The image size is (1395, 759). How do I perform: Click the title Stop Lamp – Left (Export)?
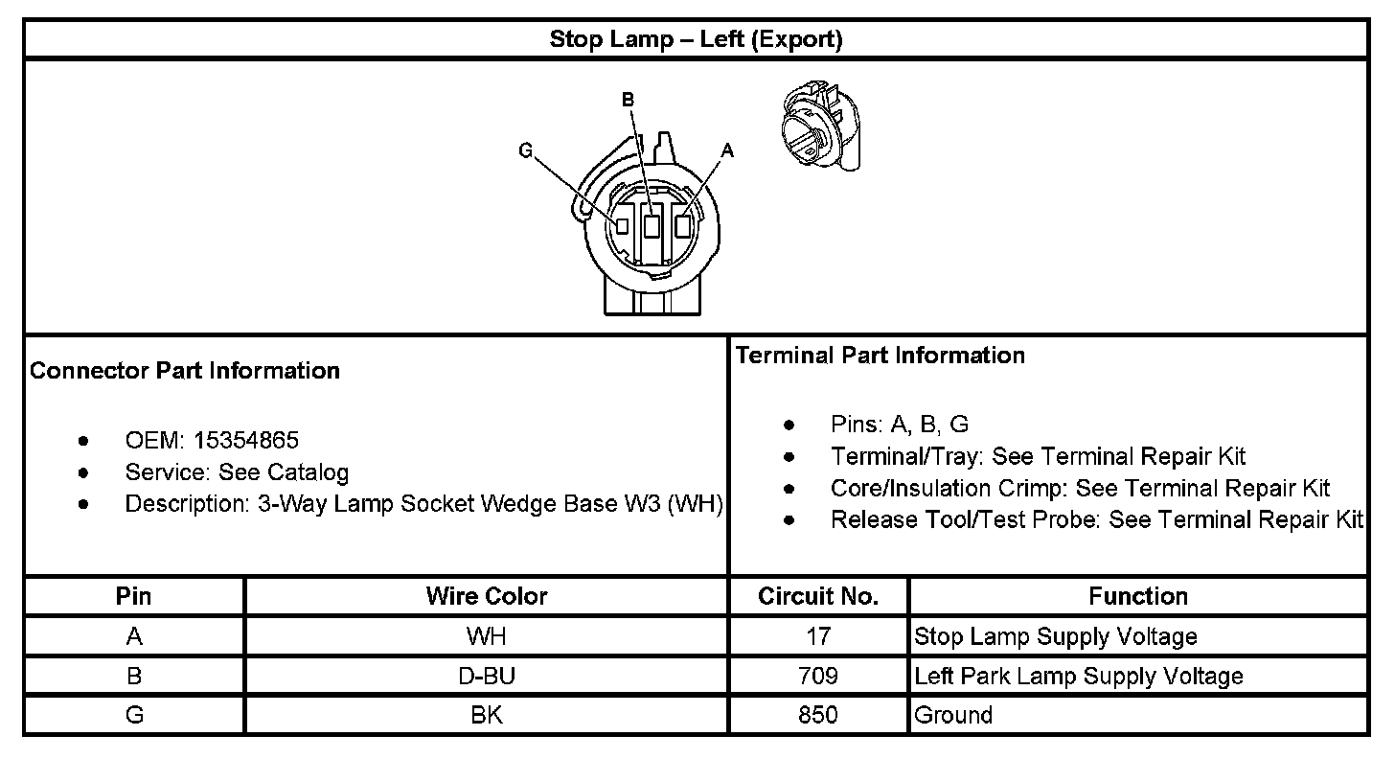[x=696, y=39]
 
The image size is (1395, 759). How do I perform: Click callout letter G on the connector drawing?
[x=525, y=151]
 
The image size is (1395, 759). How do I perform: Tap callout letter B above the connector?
[x=628, y=100]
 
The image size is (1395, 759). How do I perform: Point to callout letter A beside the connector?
[x=727, y=150]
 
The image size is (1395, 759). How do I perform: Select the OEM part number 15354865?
[x=246, y=440]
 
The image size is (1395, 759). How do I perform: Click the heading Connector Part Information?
[x=185, y=371]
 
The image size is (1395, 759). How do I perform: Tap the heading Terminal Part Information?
[x=880, y=356]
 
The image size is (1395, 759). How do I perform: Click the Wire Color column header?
[x=487, y=596]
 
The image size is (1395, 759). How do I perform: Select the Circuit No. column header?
[x=818, y=596]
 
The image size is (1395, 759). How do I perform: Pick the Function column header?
[x=1137, y=596]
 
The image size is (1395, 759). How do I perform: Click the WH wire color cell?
[x=487, y=636]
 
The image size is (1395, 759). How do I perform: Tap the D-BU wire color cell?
[x=487, y=676]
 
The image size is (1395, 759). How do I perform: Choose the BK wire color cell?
[x=487, y=715]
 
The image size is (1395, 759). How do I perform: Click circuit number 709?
[x=818, y=676]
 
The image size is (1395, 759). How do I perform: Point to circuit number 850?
[x=818, y=715]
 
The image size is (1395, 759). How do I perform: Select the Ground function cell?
[x=953, y=715]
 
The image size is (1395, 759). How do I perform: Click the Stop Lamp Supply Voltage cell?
[x=1056, y=636]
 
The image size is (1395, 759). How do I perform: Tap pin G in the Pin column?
[x=134, y=715]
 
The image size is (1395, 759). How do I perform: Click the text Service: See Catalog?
[x=237, y=472]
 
